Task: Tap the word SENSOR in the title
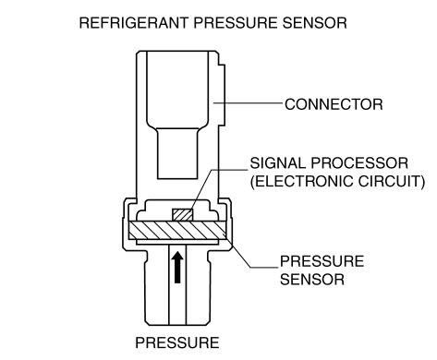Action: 315,23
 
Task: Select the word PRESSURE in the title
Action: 236,23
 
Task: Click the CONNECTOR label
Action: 334,104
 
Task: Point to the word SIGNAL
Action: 277,163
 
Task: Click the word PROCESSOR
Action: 359,163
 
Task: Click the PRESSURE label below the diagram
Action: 177,342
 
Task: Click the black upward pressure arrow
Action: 177,267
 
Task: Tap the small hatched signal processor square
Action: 183,215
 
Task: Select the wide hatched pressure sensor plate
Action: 177,230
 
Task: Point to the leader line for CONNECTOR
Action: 248,103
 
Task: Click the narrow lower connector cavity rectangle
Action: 177,153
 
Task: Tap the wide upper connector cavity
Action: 177,90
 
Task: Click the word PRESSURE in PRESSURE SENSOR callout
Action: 322,261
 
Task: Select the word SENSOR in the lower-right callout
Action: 312,280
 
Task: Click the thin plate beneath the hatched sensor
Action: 177,243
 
